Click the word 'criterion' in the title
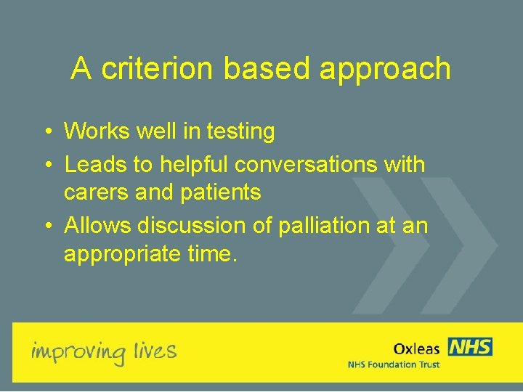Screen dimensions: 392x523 pos(158,69)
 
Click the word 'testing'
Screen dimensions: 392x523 pos(240,132)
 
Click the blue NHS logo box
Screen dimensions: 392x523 pos(470,347)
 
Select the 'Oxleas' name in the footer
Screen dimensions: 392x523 pos(416,349)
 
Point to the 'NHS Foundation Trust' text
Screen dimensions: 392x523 pos(393,364)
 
